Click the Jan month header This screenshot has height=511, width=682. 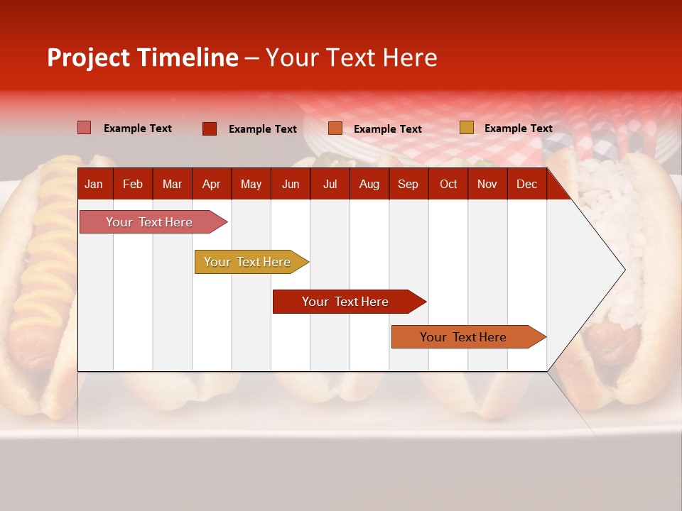click(94, 185)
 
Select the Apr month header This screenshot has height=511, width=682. click(211, 185)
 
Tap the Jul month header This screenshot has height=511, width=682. click(330, 185)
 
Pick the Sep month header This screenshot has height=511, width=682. click(408, 185)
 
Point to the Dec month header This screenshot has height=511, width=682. click(526, 185)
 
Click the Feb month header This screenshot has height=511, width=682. click(133, 185)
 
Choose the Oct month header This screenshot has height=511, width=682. click(448, 185)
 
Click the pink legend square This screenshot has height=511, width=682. click(84, 128)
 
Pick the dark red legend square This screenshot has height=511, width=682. click(209, 128)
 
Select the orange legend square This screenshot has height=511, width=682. click(335, 128)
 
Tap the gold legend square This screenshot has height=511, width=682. click(466, 128)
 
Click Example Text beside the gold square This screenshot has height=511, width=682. click(518, 128)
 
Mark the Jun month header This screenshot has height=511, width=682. click(291, 185)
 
